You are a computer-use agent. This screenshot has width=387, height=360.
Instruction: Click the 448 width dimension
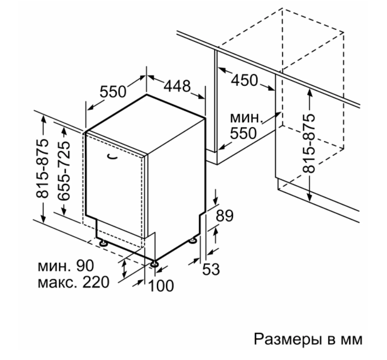pos(177,86)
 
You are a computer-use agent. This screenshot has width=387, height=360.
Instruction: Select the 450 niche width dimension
pos(245,80)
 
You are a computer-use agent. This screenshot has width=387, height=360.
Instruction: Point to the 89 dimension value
pos(224,216)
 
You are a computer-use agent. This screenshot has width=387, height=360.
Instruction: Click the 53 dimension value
pos(211,269)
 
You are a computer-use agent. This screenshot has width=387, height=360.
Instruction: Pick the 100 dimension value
pos(161,286)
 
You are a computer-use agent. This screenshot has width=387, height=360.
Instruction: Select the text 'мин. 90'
pos(66,266)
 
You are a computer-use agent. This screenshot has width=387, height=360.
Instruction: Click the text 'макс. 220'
pos(73,282)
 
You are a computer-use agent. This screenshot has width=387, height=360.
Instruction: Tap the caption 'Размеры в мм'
pos(308,339)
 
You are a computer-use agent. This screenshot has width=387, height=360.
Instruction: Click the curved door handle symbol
pos(113,157)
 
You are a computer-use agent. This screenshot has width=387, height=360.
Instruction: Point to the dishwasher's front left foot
pos(103,243)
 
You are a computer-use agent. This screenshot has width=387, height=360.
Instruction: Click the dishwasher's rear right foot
pos(193,241)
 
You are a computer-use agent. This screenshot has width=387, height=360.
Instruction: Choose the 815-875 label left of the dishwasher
pos(42,169)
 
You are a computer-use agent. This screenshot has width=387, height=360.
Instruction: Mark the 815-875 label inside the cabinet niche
pos(309,143)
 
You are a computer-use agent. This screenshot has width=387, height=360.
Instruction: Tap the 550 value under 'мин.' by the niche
pos(244,134)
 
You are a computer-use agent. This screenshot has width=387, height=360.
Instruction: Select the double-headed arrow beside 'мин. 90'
pos(124,269)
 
